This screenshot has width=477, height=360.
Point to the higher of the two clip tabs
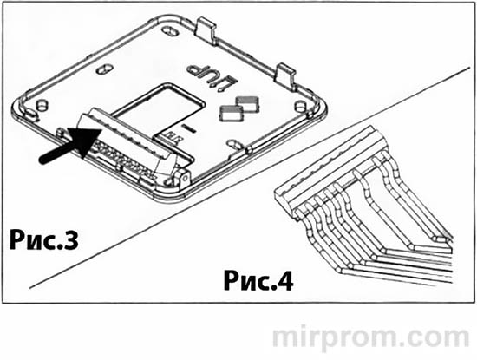coord(232,101)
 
